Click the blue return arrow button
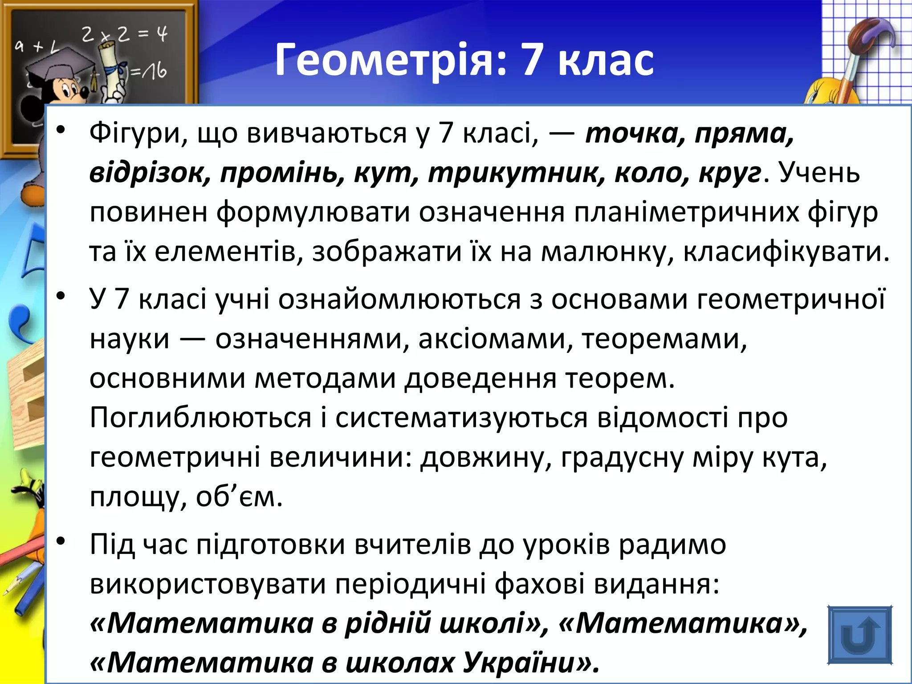point(859,635)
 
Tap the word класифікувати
point(786,252)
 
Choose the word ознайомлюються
point(399,300)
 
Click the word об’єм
point(239,498)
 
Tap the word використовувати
point(208,584)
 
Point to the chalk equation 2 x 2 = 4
point(124,34)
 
